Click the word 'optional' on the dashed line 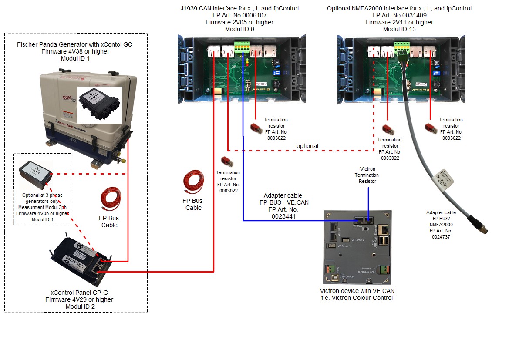(x=307, y=146)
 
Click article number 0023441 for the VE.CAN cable (x=283, y=216)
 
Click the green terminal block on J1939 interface (x=242, y=46)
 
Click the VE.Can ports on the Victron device (x=363, y=220)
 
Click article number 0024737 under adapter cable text (x=442, y=237)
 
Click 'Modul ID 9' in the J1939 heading (x=239, y=29)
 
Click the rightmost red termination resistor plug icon (x=431, y=127)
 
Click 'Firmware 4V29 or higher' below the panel (x=79, y=299)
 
